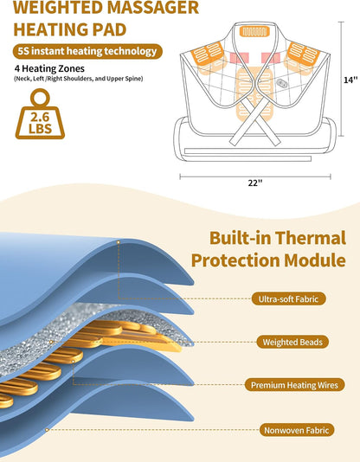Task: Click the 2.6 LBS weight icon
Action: pyautogui.click(x=40, y=114)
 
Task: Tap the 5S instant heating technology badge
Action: pyautogui.click(x=87, y=51)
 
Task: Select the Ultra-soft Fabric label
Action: pyautogui.click(x=288, y=298)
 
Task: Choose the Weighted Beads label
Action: pyautogui.click(x=292, y=342)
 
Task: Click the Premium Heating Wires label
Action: pyautogui.click(x=294, y=385)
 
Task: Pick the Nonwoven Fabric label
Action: pyautogui.click(x=296, y=430)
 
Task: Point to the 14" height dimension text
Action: pyautogui.click(x=350, y=80)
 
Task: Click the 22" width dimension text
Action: pyautogui.click(x=255, y=183)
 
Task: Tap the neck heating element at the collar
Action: pyautogui.click(x=254, y=31)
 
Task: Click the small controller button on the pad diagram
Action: pyautogui.click(x=281, y=83)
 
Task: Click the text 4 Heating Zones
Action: pyautogui.click(x=49, y=68)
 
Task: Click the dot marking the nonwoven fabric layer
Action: pyautogui.click(x=47, y=430)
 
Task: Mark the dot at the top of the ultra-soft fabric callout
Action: pyautogui.click(x=119, y=242)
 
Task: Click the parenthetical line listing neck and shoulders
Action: pyautogui.click(x=79, y=79)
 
